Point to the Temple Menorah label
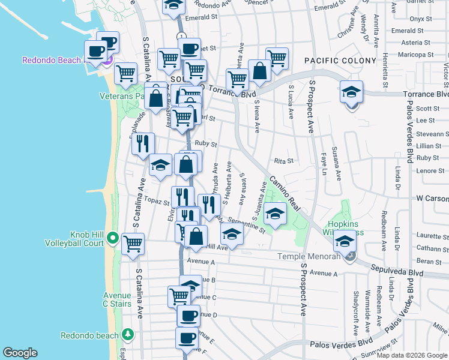[309, 257]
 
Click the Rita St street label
[283, 161]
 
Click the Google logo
[20, 353]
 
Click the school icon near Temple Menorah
[345, 242]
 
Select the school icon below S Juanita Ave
[275, 213]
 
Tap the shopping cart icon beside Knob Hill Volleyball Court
[133, 243]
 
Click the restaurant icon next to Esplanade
[143, 143]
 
